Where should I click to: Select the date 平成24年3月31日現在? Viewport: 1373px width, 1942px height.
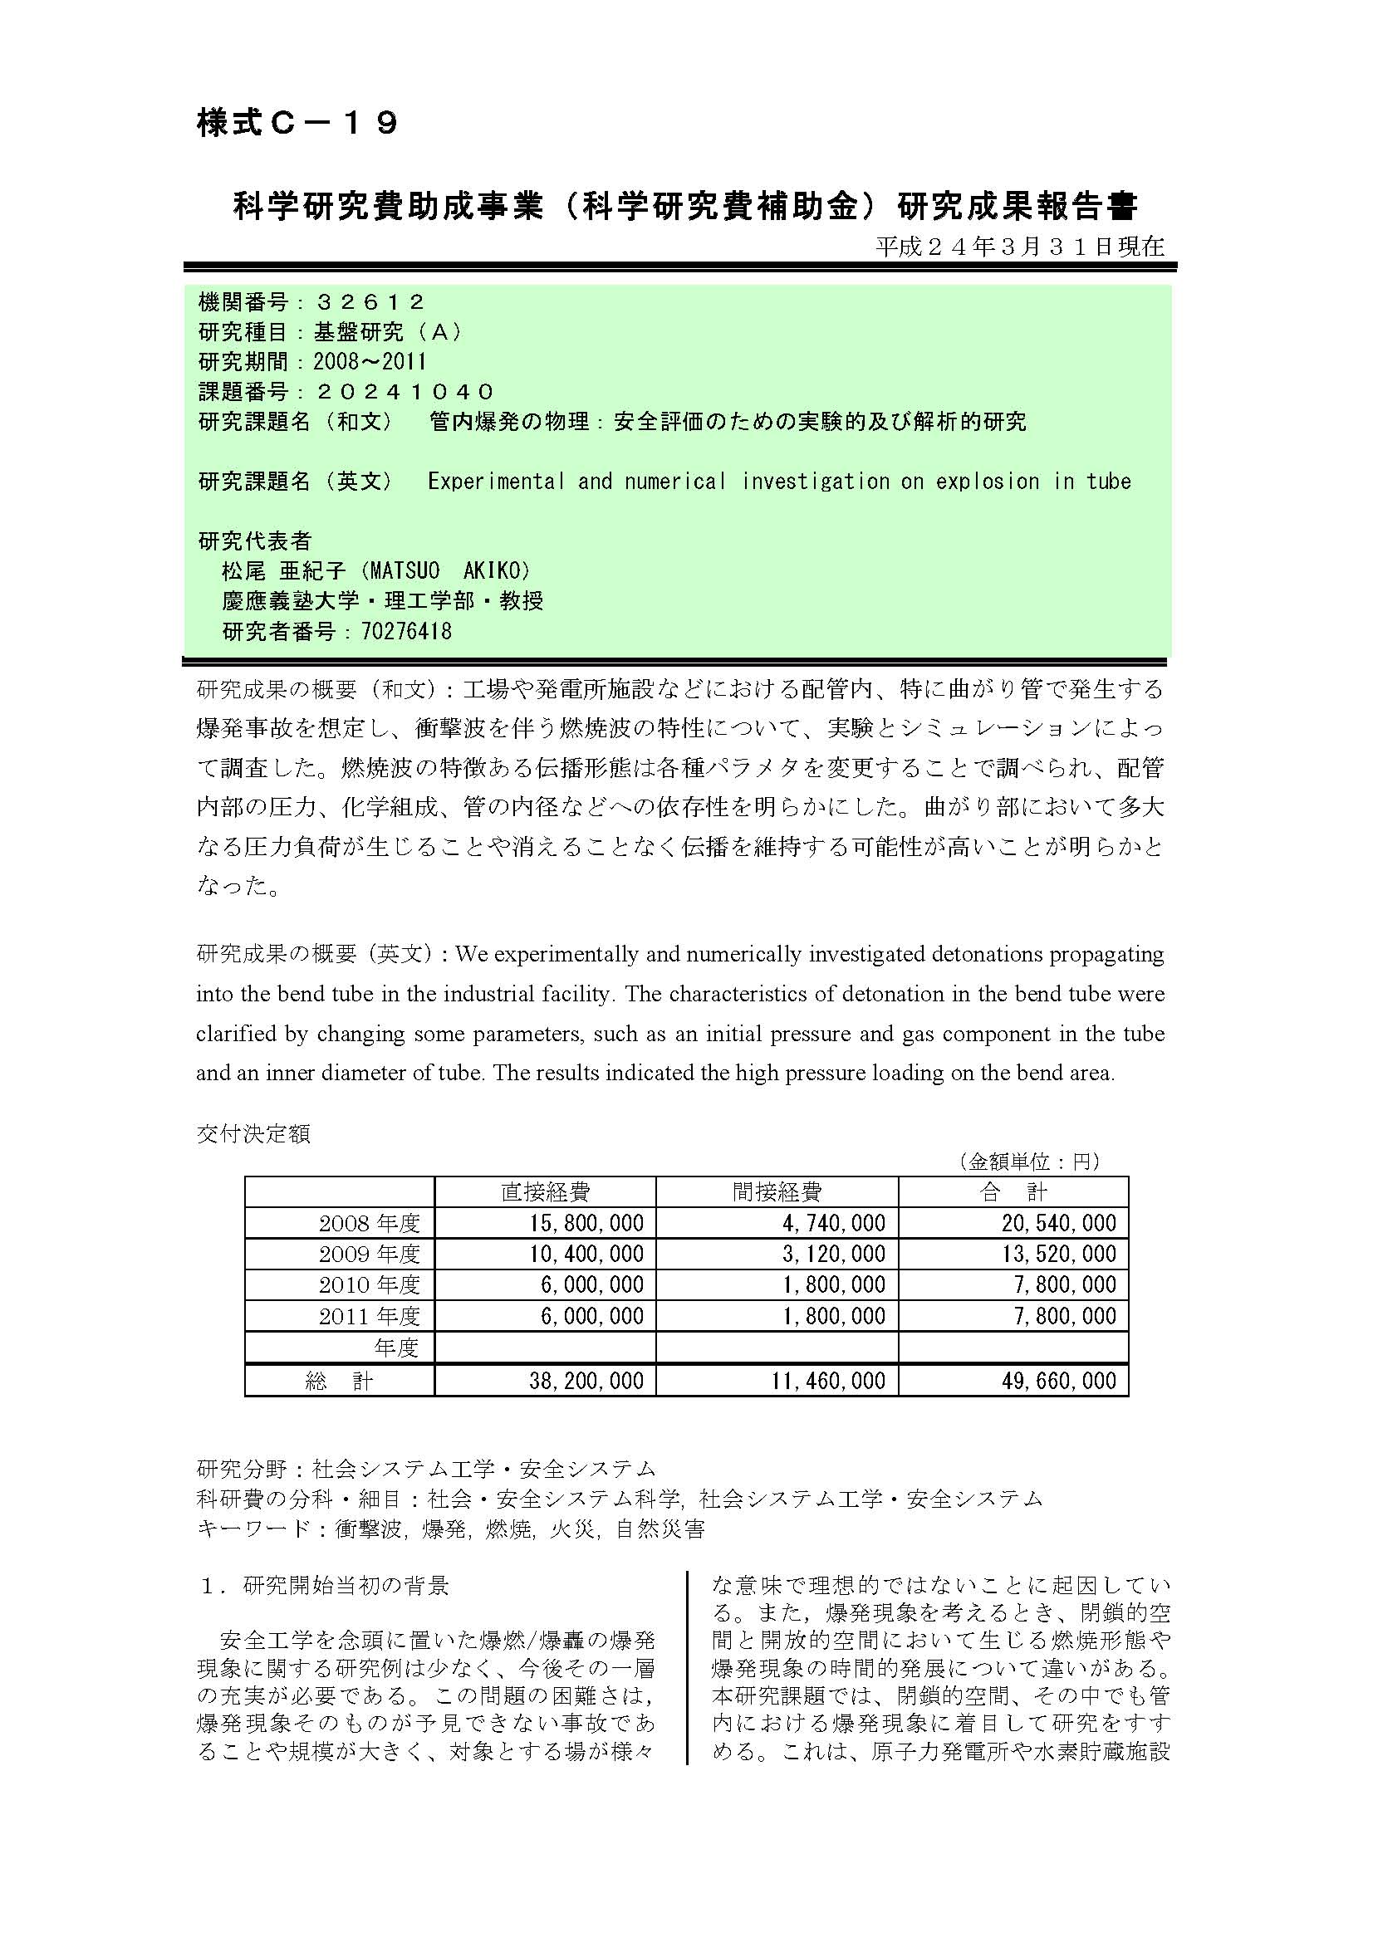1019,246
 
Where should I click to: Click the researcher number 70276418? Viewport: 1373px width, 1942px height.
406,631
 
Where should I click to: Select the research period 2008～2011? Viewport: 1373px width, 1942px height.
370,362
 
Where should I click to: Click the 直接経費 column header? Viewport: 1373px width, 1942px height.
545,1191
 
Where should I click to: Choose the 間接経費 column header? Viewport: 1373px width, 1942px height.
777,1191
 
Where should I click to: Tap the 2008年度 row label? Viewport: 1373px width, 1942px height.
369,1223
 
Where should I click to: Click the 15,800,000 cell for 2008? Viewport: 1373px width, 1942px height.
586,1223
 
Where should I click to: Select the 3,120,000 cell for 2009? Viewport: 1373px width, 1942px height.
833,1254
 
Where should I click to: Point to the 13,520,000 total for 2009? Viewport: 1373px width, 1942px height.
1059,1254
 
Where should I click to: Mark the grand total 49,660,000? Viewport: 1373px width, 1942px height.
1059,1381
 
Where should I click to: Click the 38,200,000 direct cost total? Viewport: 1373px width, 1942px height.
586,1381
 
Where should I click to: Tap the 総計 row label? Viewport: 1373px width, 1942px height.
338,1381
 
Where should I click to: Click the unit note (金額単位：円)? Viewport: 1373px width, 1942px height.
1029,1162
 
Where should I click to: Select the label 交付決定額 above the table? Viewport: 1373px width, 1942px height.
253,1133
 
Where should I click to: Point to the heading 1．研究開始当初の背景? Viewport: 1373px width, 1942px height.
325,1586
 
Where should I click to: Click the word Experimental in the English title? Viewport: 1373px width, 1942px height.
496,482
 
